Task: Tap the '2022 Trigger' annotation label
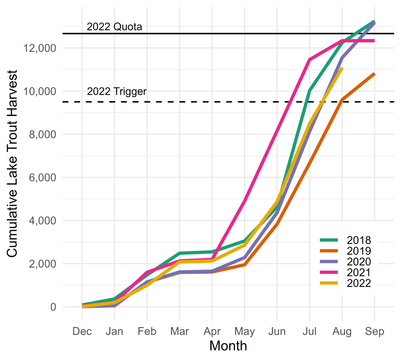click(x=117, y=92)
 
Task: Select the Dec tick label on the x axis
click(x=82, y=331)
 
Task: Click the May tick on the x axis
click(x=244, y=331)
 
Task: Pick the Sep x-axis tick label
click(x=374, y=331)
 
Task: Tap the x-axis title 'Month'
click(x=228, y=346)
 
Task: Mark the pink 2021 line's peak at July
click(x=309, y=59)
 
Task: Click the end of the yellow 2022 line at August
click(x=342, y=68)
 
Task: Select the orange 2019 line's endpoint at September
click(x=374, y=74)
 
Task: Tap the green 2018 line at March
click(x=179, y=253)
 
